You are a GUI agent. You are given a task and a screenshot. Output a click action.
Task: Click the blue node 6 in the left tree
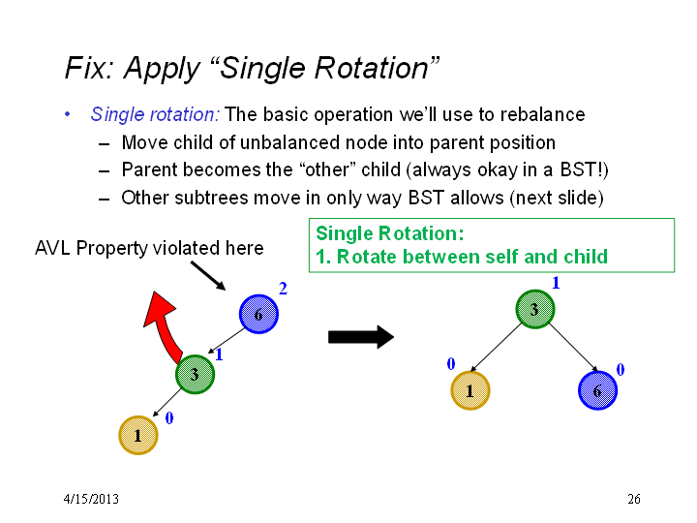click(x=258, y=314)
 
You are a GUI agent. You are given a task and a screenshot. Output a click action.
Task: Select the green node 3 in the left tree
click(x=195, y=374)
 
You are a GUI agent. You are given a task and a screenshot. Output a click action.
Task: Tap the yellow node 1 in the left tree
click(x=138, y=435)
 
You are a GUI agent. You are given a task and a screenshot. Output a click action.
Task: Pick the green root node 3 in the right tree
click(x=535, y=309)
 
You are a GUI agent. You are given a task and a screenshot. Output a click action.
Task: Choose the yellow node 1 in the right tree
click(x=470, y=390)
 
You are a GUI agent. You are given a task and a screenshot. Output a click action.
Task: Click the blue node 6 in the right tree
click(x=598, y=390)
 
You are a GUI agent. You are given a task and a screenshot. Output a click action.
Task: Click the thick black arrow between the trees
click(x=361, y=337)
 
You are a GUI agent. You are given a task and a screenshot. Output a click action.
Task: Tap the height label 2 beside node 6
click(x=283, y=289)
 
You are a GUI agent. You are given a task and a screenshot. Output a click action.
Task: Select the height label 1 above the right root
click(x=556, y=283)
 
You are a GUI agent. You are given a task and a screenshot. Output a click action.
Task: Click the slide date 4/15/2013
click(x=91, y=499)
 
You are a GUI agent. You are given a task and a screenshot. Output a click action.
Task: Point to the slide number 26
click(x=634, y=499)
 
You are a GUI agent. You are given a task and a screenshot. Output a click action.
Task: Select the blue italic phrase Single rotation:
click(x=155, y=114)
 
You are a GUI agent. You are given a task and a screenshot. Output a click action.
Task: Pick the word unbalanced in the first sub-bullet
click(x=289, y=142)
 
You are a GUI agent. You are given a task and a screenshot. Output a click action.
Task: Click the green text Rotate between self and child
click(x=472, y=257)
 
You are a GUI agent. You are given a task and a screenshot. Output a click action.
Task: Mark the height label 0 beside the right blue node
click(x=621, y=369)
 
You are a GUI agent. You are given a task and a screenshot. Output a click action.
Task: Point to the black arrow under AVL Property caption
click(x=208, y=276)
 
